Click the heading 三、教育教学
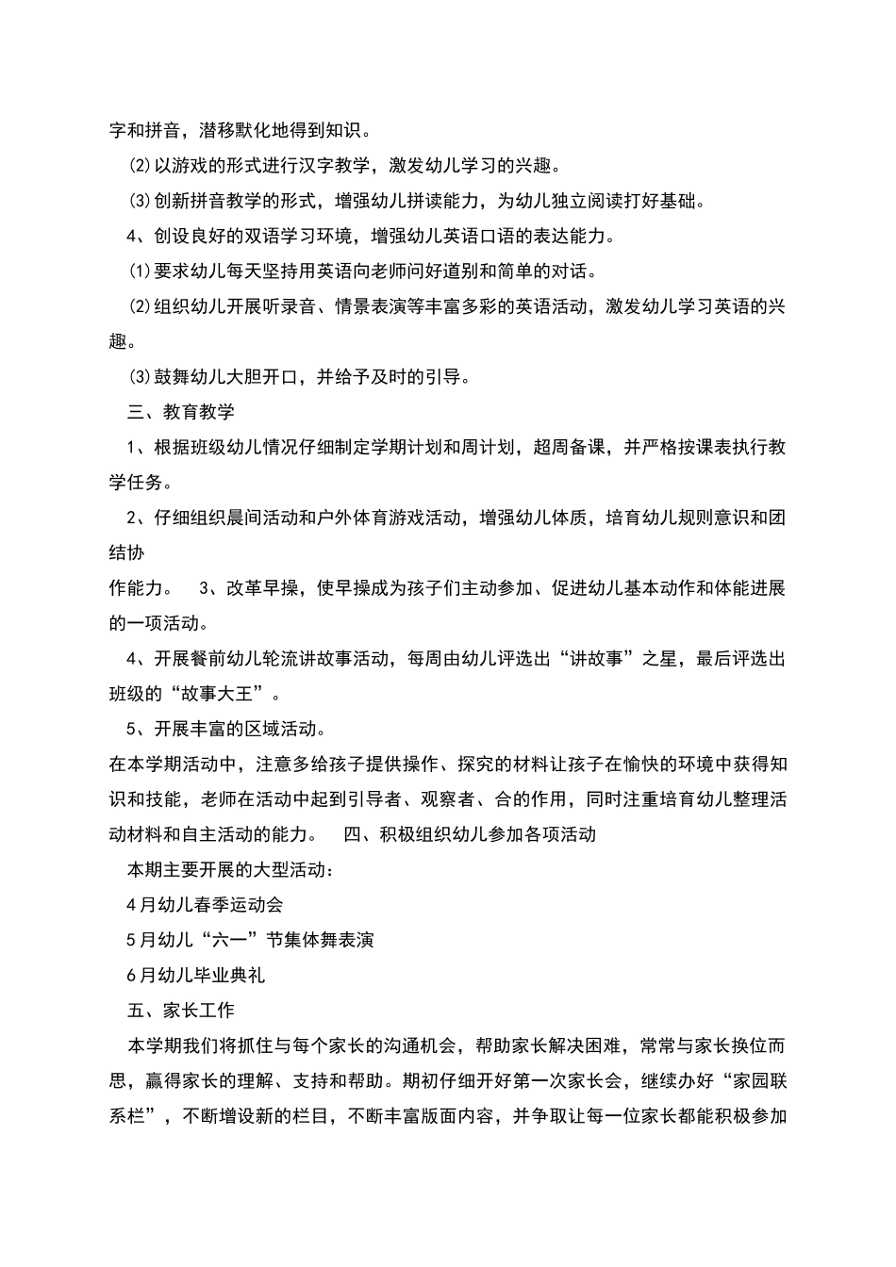180,412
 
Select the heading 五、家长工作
180,1011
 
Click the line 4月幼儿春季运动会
205,905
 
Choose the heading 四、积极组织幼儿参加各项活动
470,834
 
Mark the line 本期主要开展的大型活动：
229,869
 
